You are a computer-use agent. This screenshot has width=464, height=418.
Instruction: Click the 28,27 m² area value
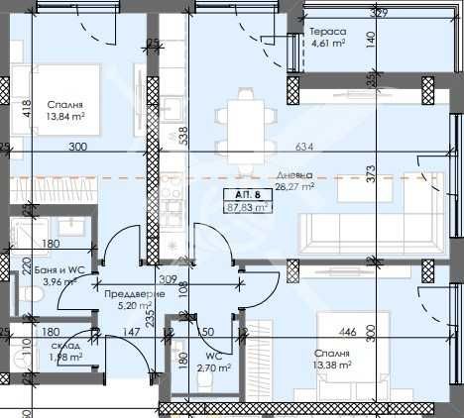pos(294,185)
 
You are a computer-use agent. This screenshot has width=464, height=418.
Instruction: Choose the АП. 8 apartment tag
pos(249,194)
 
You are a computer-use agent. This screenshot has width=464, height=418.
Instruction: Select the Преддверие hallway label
pos(126,294)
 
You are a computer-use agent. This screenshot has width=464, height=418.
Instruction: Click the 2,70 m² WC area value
pos(208,367)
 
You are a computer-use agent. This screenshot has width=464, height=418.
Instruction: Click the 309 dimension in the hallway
pos(169,280)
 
